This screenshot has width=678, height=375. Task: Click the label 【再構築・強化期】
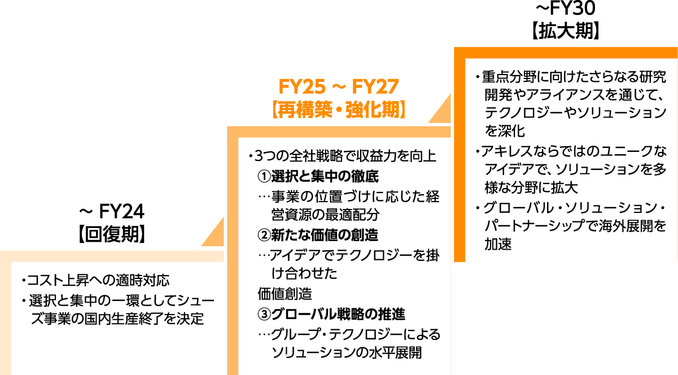pyautogui.click(x=339, y=109)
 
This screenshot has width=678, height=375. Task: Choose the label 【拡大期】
pyautogui.click(x=565, y=30)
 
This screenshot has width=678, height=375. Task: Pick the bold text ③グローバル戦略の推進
pyautogui.click(x=331, y=313)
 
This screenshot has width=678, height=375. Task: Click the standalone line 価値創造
pyautogui.click(x=285, y=294)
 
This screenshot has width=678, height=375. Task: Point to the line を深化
pyautogui.click(x=505, y=132)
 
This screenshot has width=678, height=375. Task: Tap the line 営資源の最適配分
pyautogui.click(x=325, y=215)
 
